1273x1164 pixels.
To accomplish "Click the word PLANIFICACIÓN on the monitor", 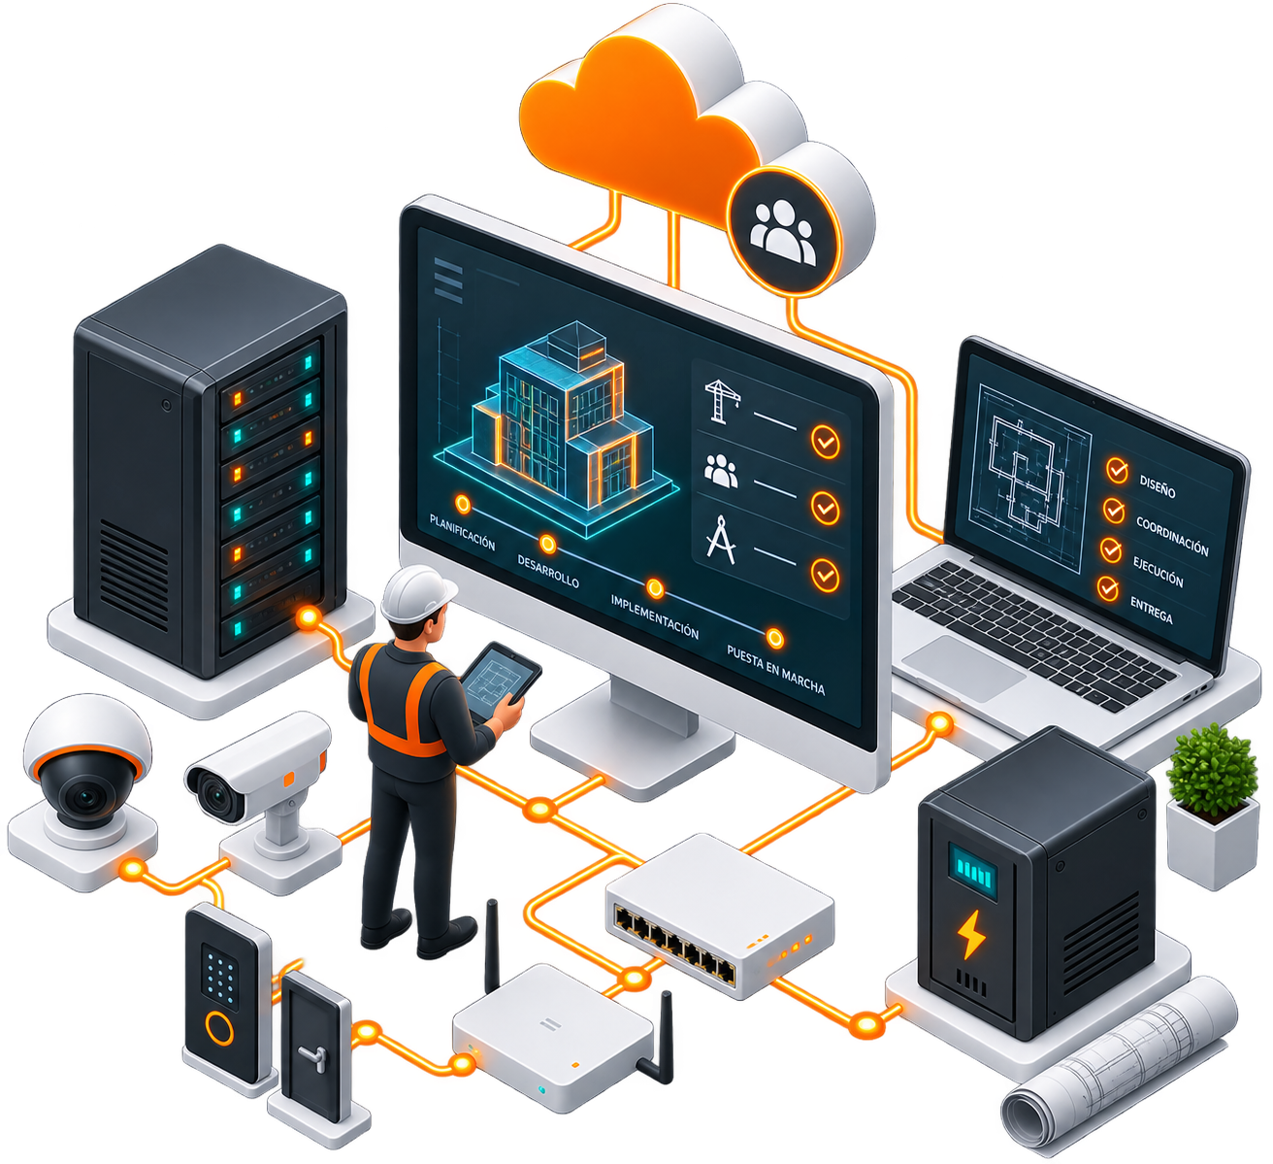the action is coord(462,533).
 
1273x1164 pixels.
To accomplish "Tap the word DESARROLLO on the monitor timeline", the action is coord(548,571).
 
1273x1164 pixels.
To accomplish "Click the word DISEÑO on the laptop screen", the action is coord(1157,486).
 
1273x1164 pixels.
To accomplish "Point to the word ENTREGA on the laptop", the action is coord(1151,610).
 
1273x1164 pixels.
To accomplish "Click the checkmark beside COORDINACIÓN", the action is coord(1113,510).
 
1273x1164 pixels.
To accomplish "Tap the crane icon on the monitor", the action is coord(722,401).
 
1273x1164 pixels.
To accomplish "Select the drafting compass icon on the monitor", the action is coord(721,540).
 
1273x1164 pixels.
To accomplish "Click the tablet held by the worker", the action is coord(500,681).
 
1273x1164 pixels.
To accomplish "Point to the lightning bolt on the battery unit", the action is coord(971,934).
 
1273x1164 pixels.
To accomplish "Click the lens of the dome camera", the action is coord(85,794).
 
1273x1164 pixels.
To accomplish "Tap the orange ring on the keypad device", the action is coord(219,1028).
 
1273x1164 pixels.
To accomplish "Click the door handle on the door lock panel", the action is coord(313,1057).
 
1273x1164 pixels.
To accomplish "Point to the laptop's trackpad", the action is coord(963,668).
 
